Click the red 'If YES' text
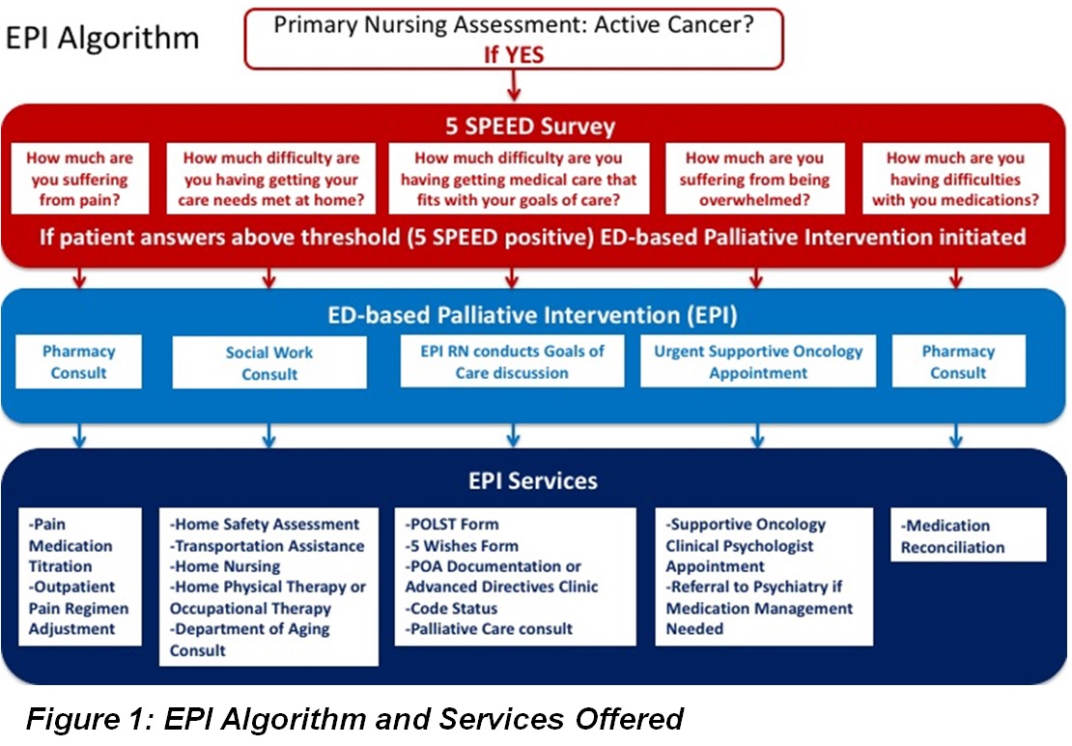point(514,54)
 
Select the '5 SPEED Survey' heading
point(530,126)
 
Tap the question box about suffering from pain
point(80,179)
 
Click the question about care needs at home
point(271,179)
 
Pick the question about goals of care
point(519,179)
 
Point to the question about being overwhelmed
point(755,179)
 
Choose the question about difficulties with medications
point(956,179)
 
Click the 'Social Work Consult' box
point(269,362)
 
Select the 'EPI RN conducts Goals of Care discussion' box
point(512,361)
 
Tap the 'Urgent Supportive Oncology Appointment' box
point(758,361)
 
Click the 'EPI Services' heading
point(533,480)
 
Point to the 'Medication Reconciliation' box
point(968,534)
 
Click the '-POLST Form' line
point(452,525)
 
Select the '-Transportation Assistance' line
point(268,546)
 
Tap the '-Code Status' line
point(451,608)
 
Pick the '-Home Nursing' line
point(225,567)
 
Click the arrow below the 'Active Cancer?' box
point(514,85)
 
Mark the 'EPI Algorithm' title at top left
point(102,38)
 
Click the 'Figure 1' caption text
point(354,719)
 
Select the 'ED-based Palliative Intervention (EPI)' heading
point(532,314)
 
